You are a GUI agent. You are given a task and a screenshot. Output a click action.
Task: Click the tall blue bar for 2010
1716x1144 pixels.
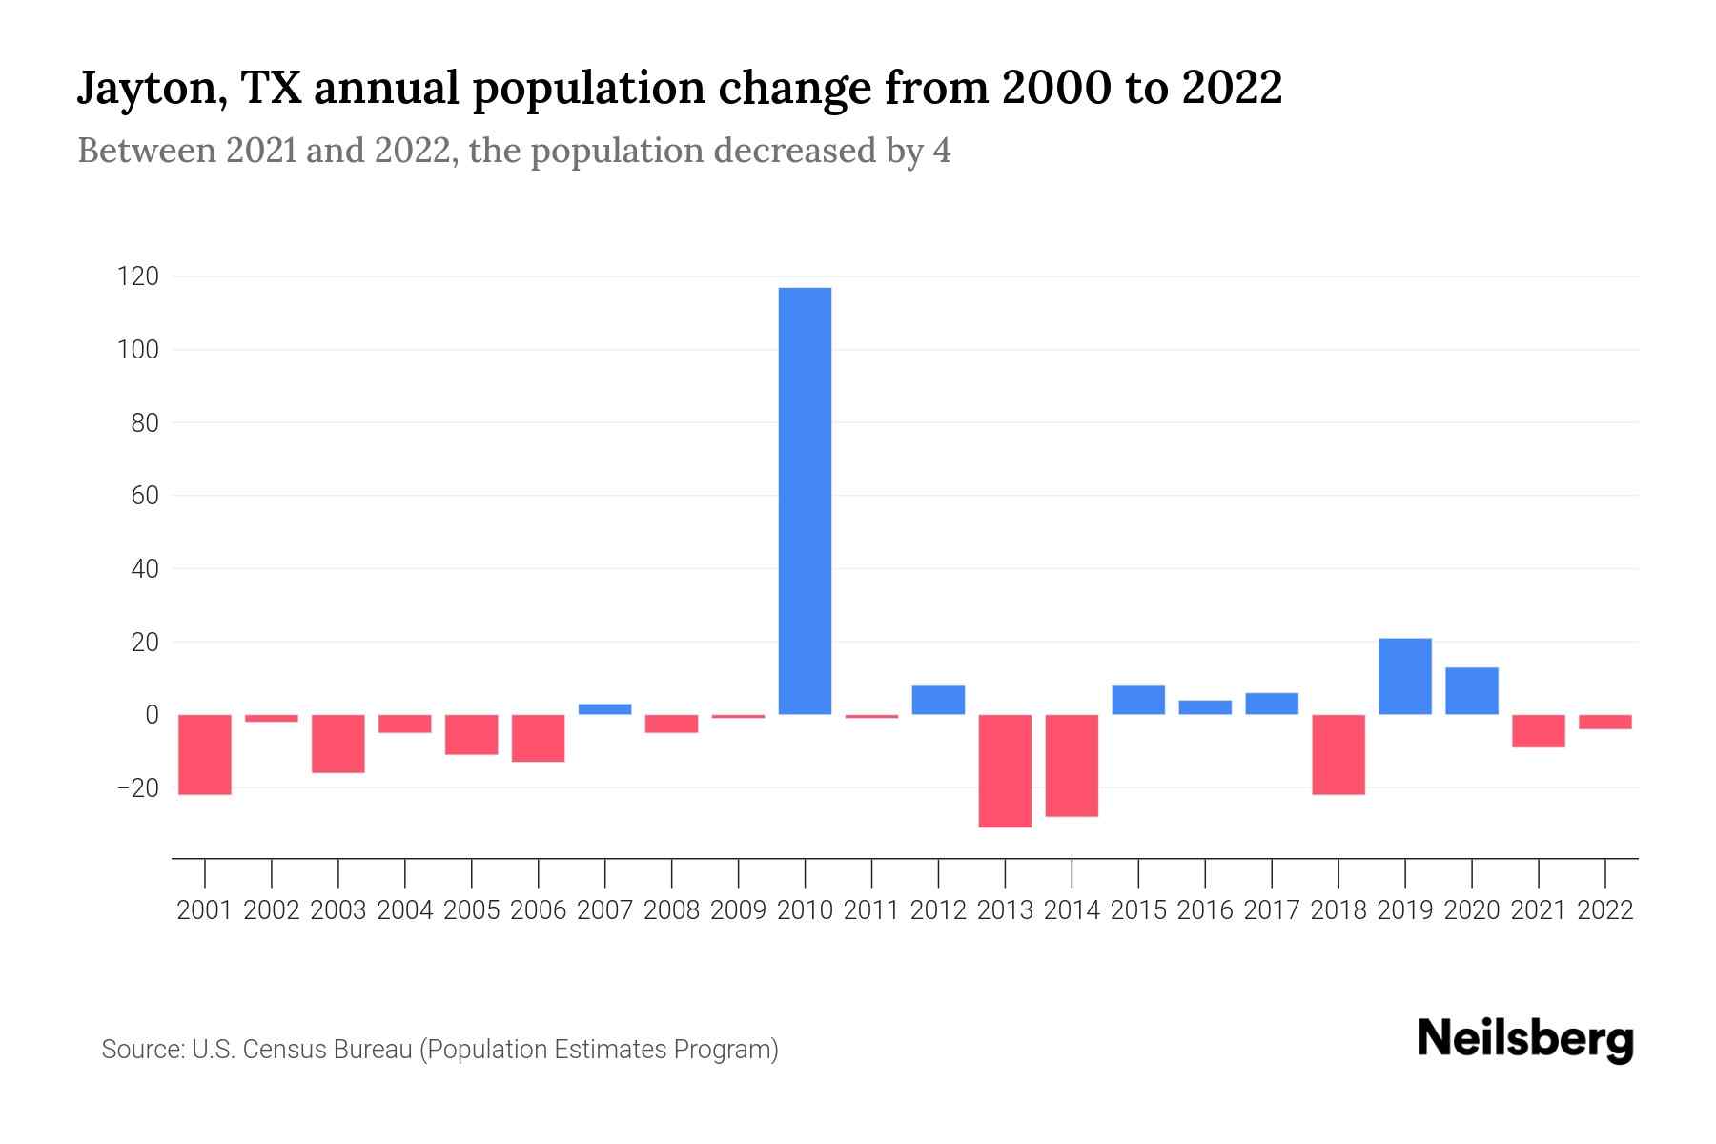pos(805,500)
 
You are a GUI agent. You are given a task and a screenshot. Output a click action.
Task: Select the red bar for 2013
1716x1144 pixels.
pos(1005,770)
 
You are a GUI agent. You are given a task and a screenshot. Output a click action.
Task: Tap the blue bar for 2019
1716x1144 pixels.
pos(1405,676)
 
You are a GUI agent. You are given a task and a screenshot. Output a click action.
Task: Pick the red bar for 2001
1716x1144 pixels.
pos(205,754)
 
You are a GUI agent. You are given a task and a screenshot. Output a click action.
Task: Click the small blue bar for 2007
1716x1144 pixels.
pos(604,709)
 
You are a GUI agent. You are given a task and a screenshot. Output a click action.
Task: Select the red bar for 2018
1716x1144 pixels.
pos(1338,754)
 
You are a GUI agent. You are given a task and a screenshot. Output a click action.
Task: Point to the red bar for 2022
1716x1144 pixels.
pos(1605,722)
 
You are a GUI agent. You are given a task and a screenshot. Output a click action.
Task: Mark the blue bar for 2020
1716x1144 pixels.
pos(1472,690)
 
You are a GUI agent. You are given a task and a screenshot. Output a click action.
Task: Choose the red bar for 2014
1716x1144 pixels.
pos(1072,766)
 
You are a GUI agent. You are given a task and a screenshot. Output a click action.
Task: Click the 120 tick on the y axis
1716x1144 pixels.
pos(137,277)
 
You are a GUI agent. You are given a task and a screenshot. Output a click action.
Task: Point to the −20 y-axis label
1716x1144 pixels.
pos(137,788)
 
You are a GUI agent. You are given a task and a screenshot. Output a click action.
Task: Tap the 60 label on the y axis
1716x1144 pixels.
pos(144,496)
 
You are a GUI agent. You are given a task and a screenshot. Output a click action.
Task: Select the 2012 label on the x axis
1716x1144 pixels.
pos(938,910)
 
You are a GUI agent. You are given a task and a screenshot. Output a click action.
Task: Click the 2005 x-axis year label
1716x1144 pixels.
pos(472,910)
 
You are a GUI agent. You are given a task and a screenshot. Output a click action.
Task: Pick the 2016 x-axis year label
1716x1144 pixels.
pos(1205,910)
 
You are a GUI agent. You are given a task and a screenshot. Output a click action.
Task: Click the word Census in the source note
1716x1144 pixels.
pos(286,1050)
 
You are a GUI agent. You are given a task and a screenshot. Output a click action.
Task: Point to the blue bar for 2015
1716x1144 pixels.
pos(1138,700)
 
